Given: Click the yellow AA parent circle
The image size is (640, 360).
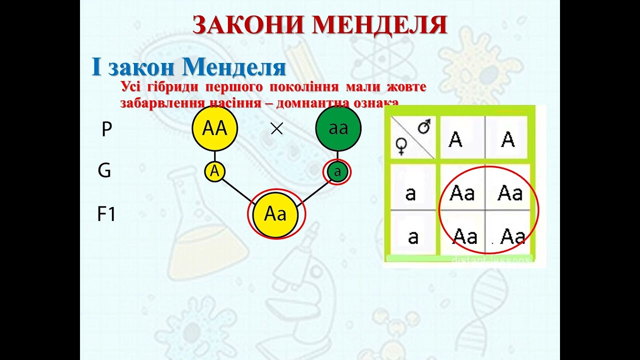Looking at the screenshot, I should (x=215, y=129).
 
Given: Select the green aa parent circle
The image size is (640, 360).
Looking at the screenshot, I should (x=338, y=129).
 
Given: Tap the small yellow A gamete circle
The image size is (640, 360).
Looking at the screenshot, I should (x=215, y=171).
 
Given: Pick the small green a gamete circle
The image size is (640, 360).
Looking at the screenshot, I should (x=337, y=172).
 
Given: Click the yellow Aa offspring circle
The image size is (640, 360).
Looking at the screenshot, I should (x=275, y=214).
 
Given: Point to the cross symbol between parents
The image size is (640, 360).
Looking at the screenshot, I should (x=276, y=129).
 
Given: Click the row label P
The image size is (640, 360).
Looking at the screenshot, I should (x=106, y=129).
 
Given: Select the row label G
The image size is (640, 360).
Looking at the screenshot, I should (x=104, y=171).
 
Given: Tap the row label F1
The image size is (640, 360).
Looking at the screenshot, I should (x=106, y=214).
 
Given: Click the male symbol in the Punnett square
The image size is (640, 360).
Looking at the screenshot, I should (x=424, y=128).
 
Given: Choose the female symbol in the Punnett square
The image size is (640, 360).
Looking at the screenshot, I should (x=401, y=146).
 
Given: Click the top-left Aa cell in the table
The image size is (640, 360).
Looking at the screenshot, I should (x=461, y=193).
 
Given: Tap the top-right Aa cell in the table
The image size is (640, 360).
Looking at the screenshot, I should (x=510, y=193).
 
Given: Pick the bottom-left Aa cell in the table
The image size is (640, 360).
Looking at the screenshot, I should (x=464, y=236).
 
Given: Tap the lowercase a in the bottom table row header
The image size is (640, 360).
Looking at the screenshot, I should (x=413, y=237).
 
